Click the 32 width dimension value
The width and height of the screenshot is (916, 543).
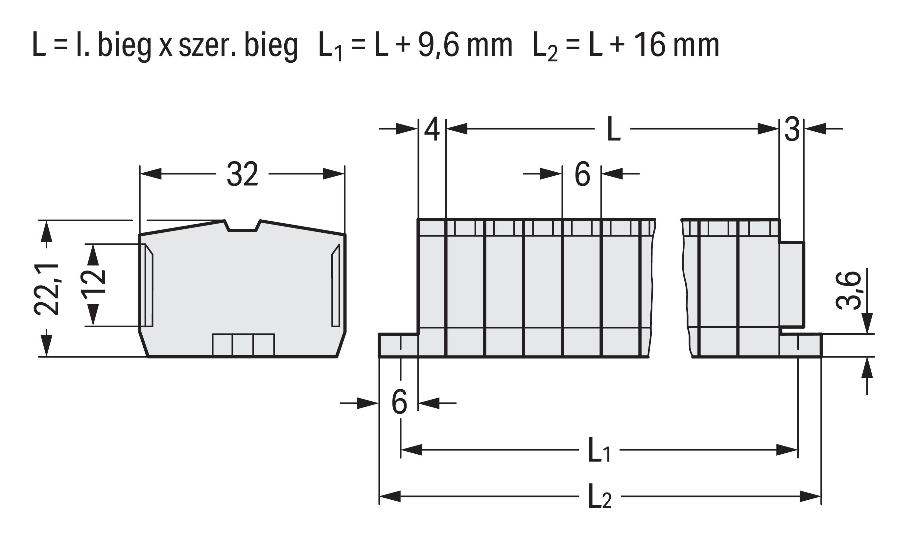(242, 174)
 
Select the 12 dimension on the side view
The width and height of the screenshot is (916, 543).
(93, 285)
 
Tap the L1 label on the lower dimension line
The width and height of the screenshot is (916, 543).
(599, 450)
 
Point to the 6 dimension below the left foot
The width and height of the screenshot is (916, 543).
(399, 402)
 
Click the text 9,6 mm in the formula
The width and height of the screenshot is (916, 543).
(465, 45)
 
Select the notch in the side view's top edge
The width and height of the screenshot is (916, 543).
(242, 226)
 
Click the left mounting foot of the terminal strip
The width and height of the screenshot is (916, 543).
(398, 345)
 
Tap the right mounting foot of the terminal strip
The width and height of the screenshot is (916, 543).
(801, 345)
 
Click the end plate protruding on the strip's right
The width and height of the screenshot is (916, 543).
(791, 284)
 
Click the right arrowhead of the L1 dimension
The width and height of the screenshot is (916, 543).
(787, 450)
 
